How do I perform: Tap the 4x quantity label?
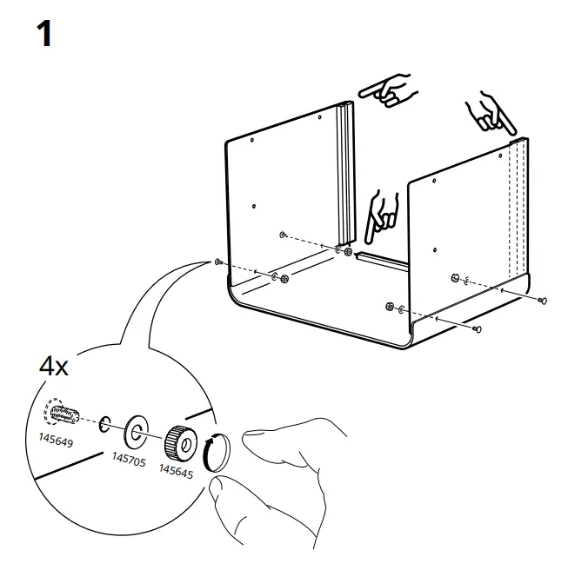[x=54, y=366]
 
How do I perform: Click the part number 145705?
[x=128, y=458]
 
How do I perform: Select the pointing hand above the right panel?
[x=488, y=112]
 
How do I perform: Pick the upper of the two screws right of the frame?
[x=542, y=301]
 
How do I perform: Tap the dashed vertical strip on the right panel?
[x=519, y=209]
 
